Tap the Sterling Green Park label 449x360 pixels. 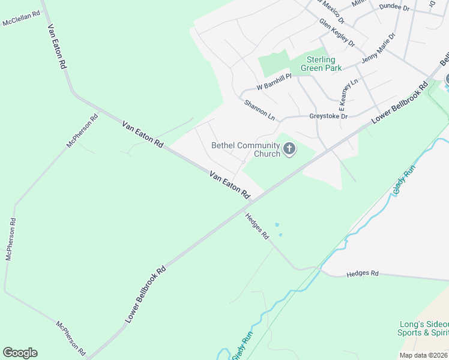pyautogui.click(x=324, y=64)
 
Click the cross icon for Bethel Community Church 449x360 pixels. pyautogui.click(x=289, y=149)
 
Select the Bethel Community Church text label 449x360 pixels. pyautogui.click(x=246, y=149)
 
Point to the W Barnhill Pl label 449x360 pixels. pyautogui.click(x=274, y=82)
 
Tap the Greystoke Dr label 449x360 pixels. pyautogui.click(x=328, y=116)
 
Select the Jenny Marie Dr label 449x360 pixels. pyautogui.click(x=379, y=48)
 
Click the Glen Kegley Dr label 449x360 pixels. pyautogui.click(x=337, y=32)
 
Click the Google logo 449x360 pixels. pyautogui.click(x=20, y=353)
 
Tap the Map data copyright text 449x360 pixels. pyautogui.click(x=424, y=355)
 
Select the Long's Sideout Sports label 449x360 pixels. pyautogui.click(x=423, y=328)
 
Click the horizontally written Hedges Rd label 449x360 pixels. pyautogui.click(x=363, y=274)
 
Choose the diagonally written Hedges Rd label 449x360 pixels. pyautogui.click(x=257, y=227)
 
